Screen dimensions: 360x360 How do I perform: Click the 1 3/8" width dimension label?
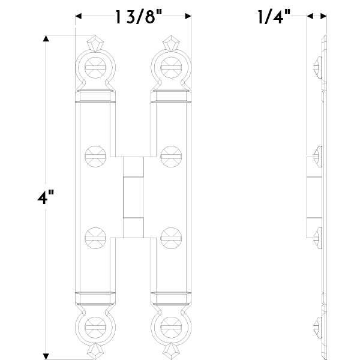tap(139, 17)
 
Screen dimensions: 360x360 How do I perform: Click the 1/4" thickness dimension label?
tap(274, 17)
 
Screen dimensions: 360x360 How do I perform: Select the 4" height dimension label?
tap(46, 197)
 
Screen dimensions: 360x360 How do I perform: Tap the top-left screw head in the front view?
tap(95, 68)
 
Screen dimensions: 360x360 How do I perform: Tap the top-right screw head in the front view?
tap(171, 68)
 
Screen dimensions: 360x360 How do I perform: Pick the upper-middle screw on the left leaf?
tap(95, 157)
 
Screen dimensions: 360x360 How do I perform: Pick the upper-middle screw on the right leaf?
tap(171, 157)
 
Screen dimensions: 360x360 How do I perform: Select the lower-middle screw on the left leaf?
tap(95, 238)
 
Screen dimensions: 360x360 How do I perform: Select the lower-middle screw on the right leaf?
tap(171, 238)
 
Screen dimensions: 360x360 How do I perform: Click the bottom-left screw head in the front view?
tap(95, 328)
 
